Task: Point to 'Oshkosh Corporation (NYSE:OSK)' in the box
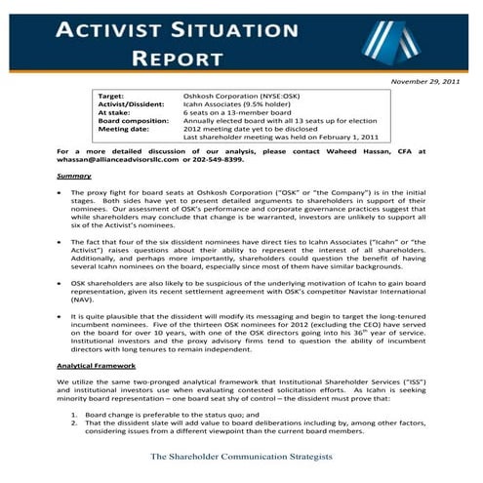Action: [x=241, y=98]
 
